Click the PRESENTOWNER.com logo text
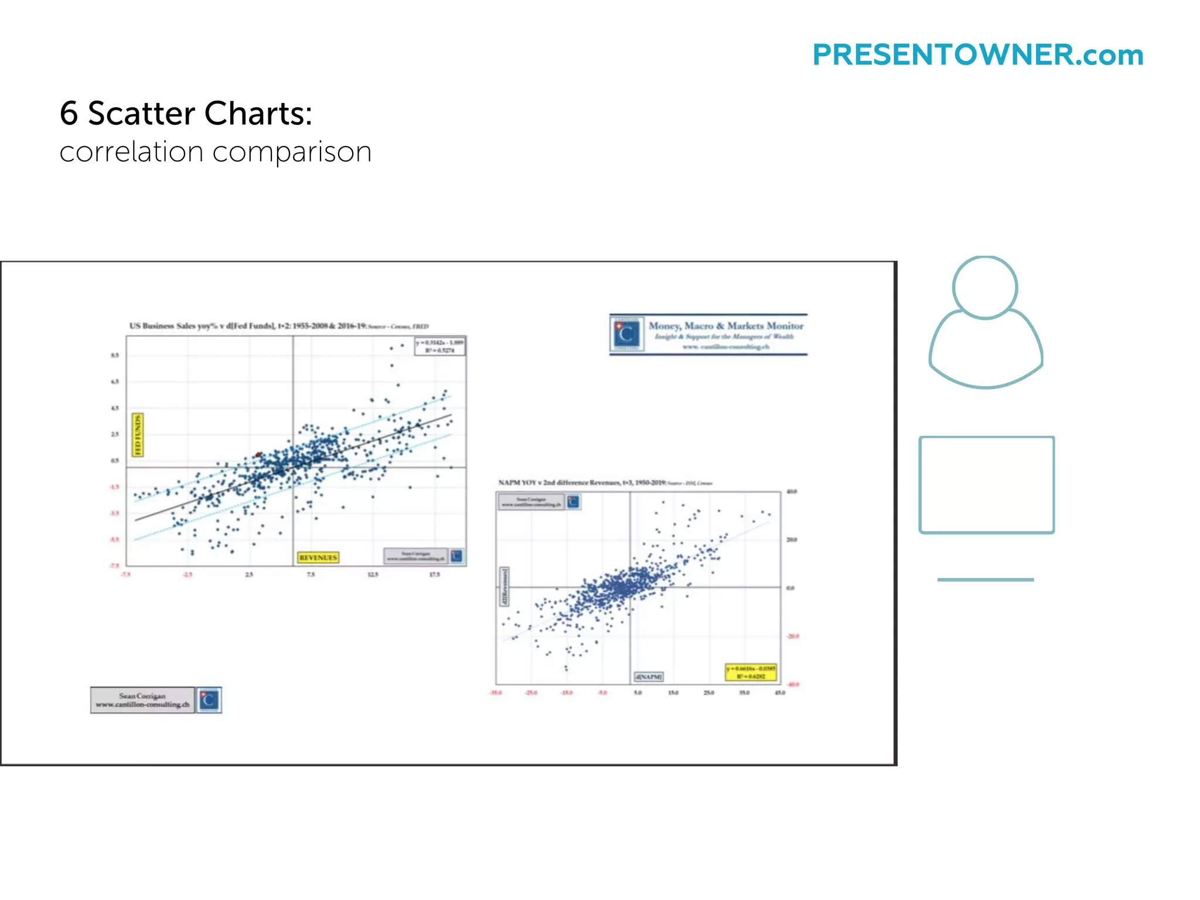pos(977,55)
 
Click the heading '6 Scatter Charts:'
pos(186,113)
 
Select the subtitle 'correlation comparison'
pos(215,152)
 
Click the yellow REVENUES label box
pos(318,557)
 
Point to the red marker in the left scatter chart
pos(258,455)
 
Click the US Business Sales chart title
pos(278,326)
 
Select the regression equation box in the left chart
pos(440,346)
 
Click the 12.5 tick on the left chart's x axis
pos(373,575)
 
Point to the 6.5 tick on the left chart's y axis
pos(115,381)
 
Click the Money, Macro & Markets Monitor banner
pos(708,335)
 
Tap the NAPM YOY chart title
pos(605,483)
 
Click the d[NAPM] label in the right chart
pos(649,677)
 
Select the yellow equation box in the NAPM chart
pos(751,672)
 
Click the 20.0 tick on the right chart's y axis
pos(791,540)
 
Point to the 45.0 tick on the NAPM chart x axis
pos(780,693)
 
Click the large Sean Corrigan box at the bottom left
pos(142,700)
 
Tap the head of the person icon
pos(985,288)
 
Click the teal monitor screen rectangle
pos(987,485)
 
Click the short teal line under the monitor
pos(986,579)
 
